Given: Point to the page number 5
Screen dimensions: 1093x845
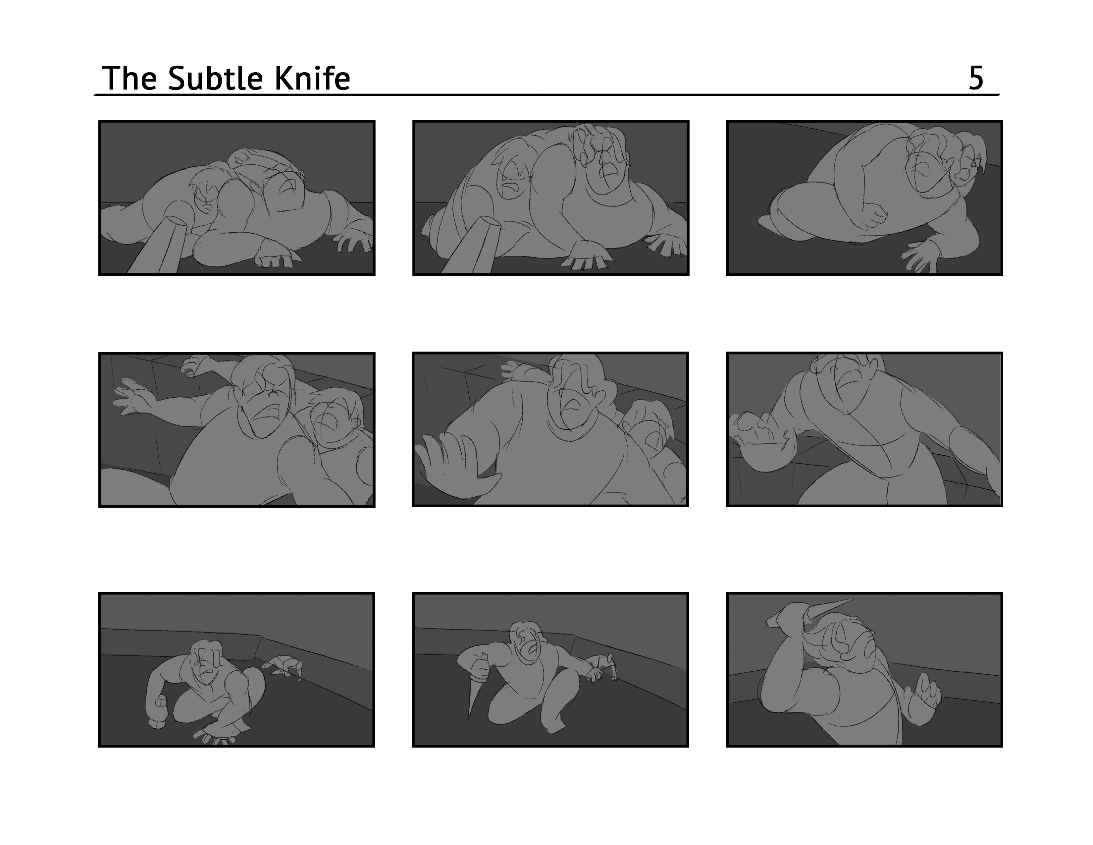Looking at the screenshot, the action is [976, 78].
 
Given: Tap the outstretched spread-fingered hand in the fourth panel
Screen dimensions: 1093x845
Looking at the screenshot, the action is [131, 395].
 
